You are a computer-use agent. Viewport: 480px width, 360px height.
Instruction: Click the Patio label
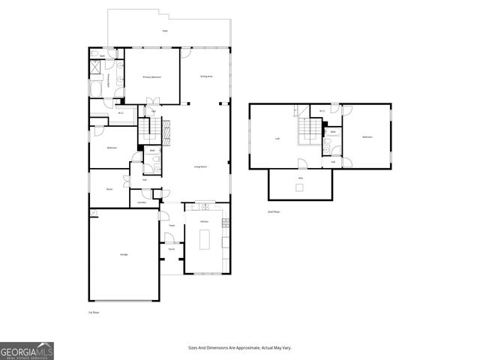click(x=165, y=31)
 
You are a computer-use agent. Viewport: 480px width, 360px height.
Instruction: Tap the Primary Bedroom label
click(x=152, y=77)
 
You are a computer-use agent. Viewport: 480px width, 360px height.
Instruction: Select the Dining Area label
click(x=206, y=76)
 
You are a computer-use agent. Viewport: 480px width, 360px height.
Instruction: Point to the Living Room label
click(x=200, y=166)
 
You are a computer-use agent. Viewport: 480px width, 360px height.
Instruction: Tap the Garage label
click(x=124, y=255)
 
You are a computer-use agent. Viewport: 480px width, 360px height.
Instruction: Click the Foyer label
click(x=171, y=224)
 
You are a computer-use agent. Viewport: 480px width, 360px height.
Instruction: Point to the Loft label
click(x=277, y=138)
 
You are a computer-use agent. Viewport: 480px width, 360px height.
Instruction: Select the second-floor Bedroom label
click(x=367, y=137)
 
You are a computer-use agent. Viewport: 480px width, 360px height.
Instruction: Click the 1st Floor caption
click(x=94, y=311)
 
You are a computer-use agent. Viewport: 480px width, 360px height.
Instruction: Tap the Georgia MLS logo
click(x=27, y=350)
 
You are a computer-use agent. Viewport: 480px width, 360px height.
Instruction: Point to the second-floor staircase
click(x=307, y=133)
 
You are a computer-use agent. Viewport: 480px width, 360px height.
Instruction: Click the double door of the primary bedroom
click(x=152, y=103)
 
